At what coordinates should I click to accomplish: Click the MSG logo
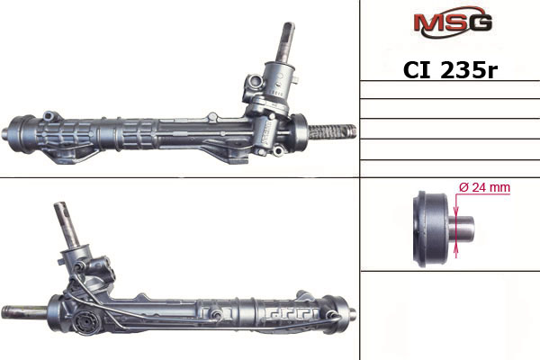(453, 22)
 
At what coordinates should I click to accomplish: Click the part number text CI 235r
(450, 70)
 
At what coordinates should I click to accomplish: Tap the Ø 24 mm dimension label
(484, 187)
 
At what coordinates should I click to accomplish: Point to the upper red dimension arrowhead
(456, 211)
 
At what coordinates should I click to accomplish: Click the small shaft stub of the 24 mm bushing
(461, 229)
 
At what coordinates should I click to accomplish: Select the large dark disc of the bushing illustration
(430, 229)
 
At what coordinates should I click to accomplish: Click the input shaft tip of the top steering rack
(289, 28)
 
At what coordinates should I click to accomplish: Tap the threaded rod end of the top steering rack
(332, 132)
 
